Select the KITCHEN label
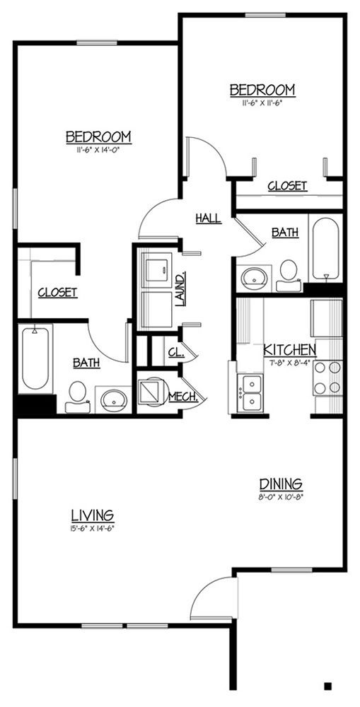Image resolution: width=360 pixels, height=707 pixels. (290, 349)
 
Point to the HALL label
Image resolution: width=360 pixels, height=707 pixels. (208, 218)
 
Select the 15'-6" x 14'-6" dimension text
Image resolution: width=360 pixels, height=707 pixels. (93, 527)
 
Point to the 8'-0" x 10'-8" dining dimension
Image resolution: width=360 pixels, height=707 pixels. (281, 496)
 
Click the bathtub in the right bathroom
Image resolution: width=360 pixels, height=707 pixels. (326, 247)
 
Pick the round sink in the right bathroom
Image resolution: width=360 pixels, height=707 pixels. (252, 277)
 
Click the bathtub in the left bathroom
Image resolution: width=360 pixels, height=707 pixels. (35, 358)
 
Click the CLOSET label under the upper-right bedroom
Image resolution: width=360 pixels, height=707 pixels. (287, 186)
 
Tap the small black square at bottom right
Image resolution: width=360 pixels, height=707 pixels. (328, 685)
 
